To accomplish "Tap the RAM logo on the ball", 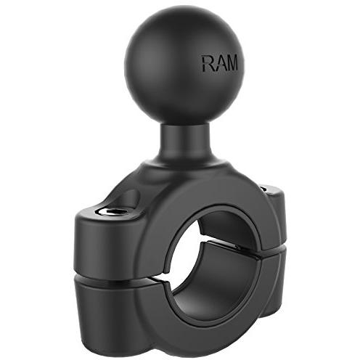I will pos(218,63).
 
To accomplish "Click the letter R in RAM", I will pos(208,63).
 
